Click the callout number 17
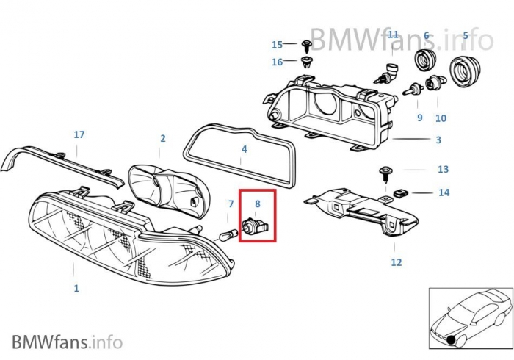click(x=79, y=134)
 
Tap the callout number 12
click(x=397, y=262)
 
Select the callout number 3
click(x=438, y=140)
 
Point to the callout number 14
click(x=444, y=192)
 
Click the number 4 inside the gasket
click(x=245, y=149)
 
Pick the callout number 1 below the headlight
click(x=76, y=289)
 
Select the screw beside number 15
click(x=307, y=46)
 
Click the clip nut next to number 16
click(x=306, y=62)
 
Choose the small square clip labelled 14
click(x=398, y=193)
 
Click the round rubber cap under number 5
click(x=463, y=72)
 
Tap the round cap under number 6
click(x=426, y=61)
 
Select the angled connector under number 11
click(x=387, y=73)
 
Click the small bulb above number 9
click(x=413, y=88)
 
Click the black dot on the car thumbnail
click(x=452, y=340)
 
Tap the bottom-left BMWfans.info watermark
click(x=68, y=342)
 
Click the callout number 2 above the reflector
click(x=163, y=139)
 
